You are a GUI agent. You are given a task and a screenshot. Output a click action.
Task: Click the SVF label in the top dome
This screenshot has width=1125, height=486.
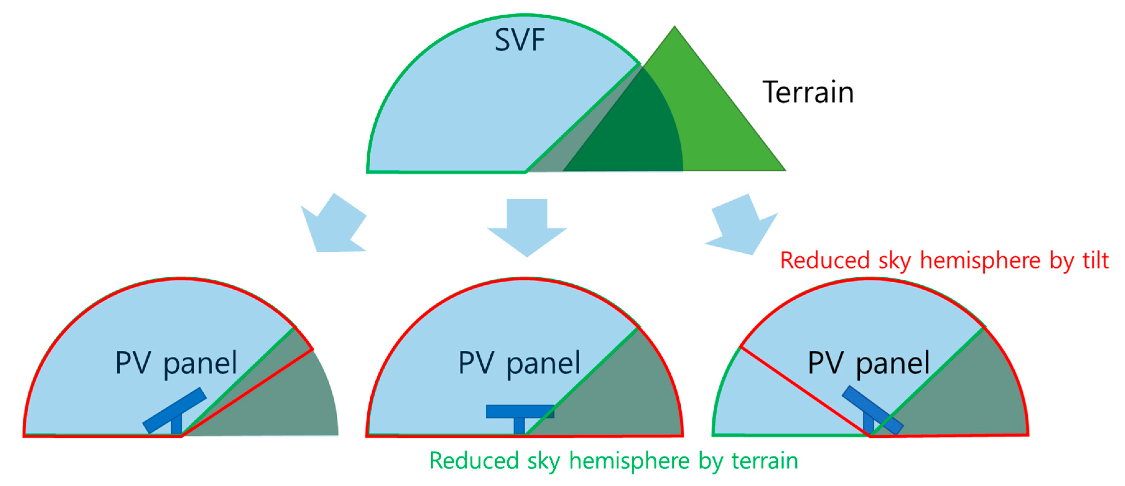pyautogui.click(x=519, y=40)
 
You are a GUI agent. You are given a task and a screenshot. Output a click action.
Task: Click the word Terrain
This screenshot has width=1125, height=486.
pyautogui.click(x=808, y=93)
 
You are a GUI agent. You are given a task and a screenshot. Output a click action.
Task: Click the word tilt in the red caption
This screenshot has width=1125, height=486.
pyautogui.click(x=1095, y=260)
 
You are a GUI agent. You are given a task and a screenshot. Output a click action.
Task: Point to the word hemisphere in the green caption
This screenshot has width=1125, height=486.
pyautogui.click(x=629, y=461)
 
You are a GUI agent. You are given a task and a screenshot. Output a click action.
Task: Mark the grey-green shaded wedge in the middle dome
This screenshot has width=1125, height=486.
pyautogui.click(x=620, y=393)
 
